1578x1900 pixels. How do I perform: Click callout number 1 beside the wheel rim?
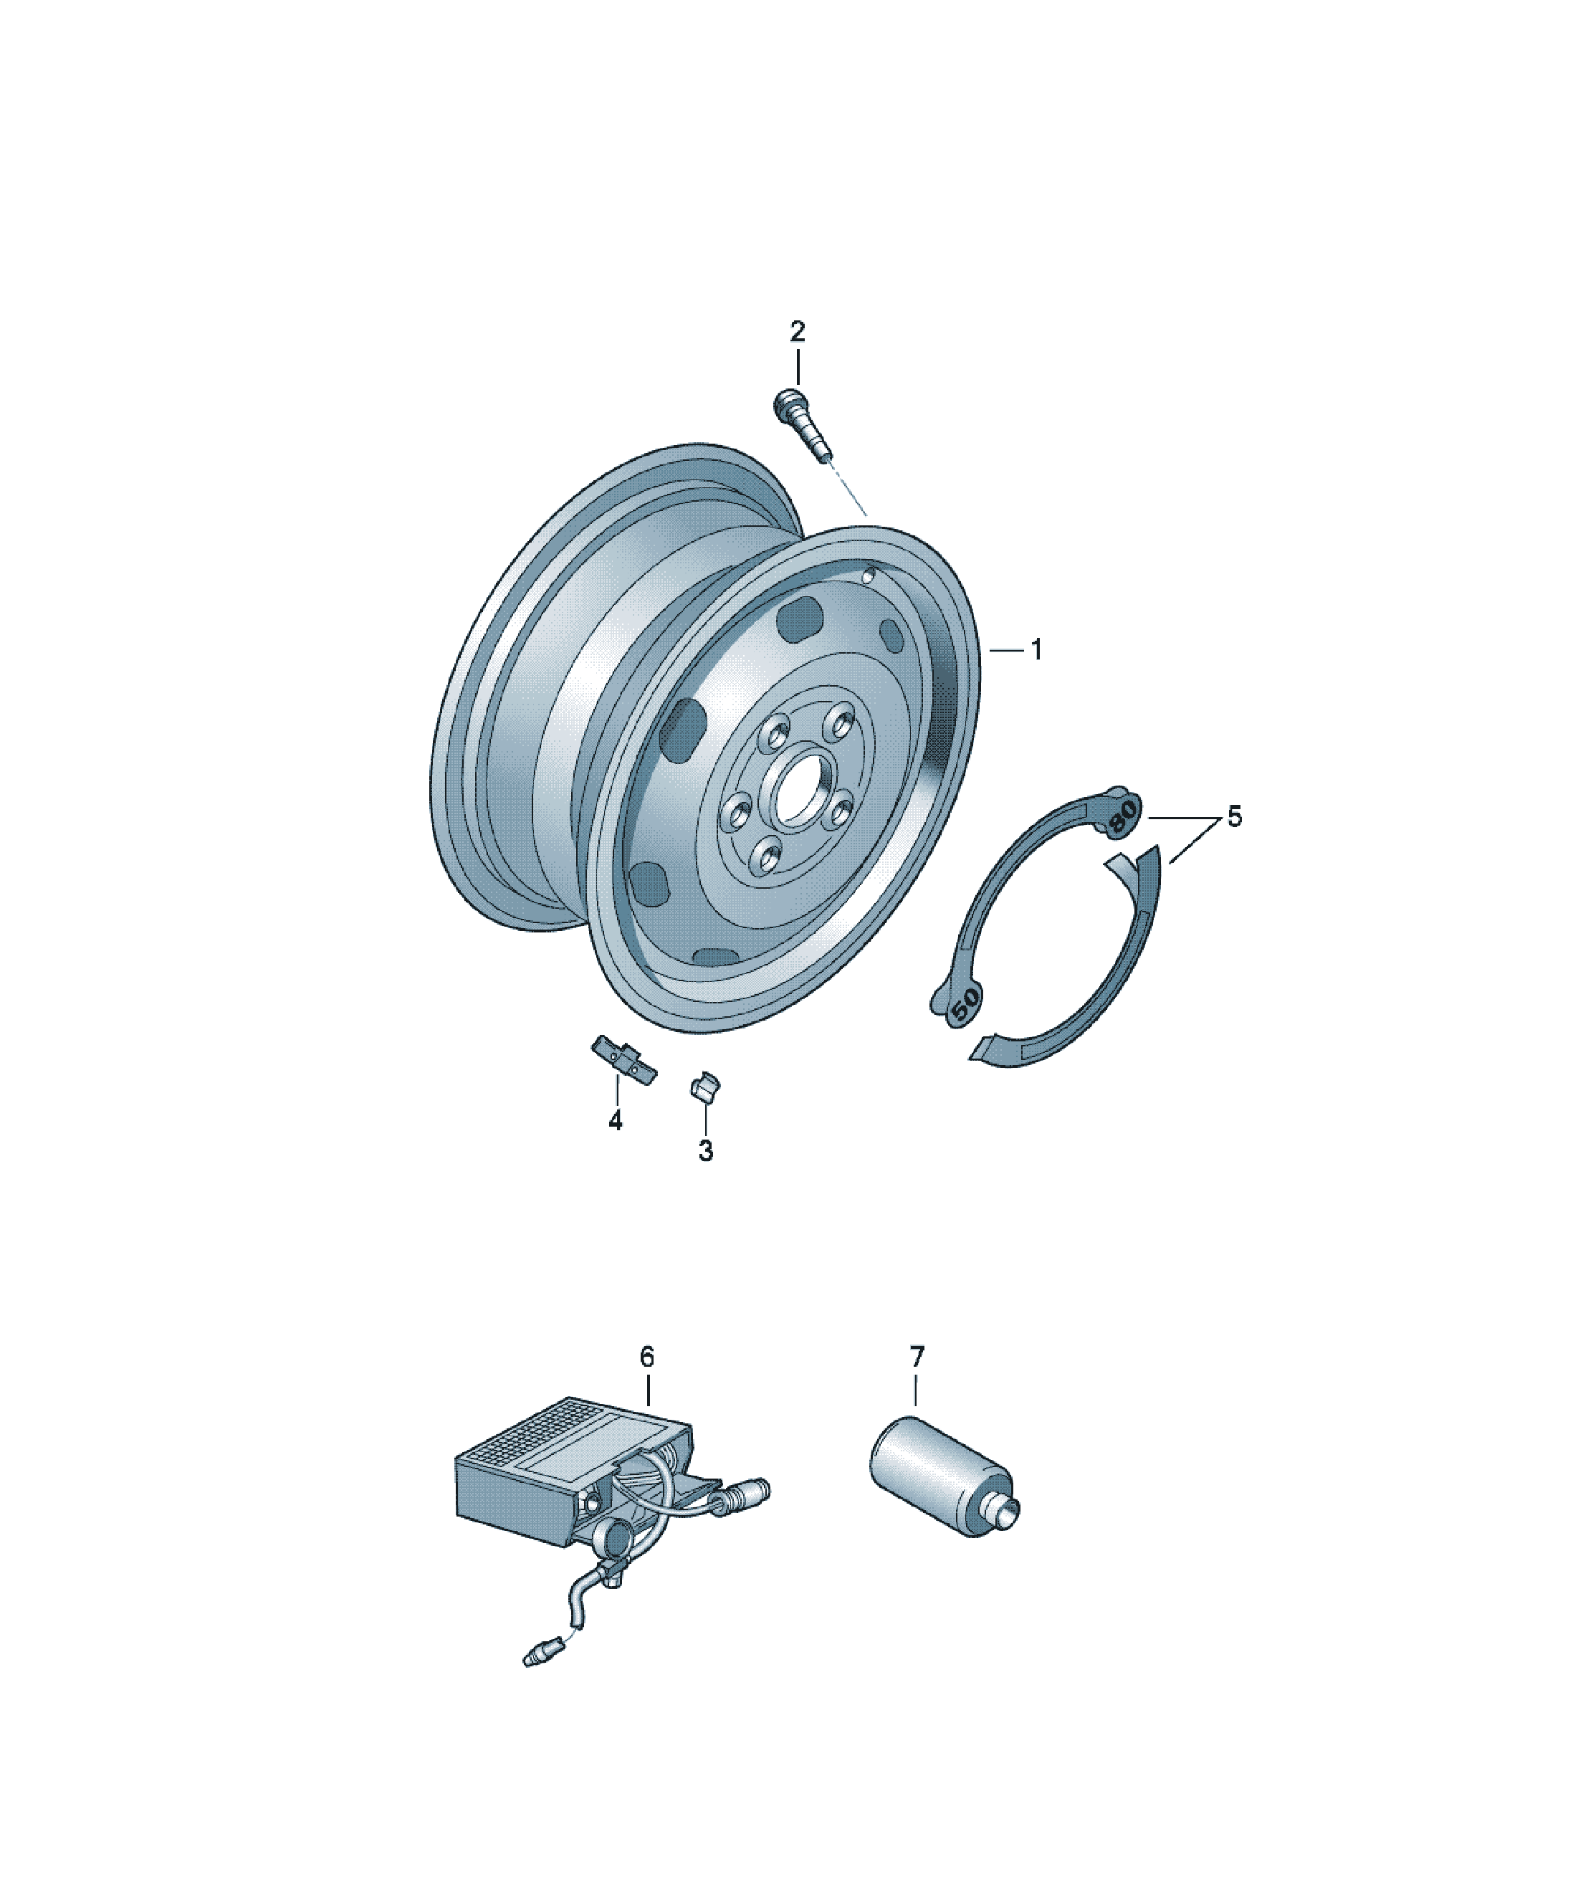tap(1036, 649)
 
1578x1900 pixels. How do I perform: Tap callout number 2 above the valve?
tap(796, 332)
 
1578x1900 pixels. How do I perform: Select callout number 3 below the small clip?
tap(705, 1151)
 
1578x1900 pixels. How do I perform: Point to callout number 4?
tap(616, 1121)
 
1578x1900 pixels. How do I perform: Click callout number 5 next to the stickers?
tap(1234, 816)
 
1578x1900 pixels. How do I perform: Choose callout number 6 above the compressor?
tap(646, 1382)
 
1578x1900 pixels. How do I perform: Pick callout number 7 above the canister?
tap(917, 1382)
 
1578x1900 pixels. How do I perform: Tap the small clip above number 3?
tap(705, 1086)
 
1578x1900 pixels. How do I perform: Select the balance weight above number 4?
tap(624, 1059)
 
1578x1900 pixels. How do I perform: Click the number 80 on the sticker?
tap(1122, 816)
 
